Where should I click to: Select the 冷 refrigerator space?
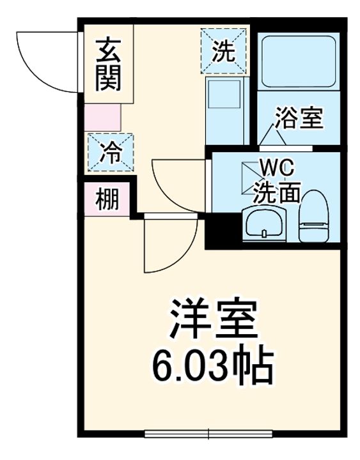[109, 153]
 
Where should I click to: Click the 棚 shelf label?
[107, 200]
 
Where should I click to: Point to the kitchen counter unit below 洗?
[226, 110]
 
